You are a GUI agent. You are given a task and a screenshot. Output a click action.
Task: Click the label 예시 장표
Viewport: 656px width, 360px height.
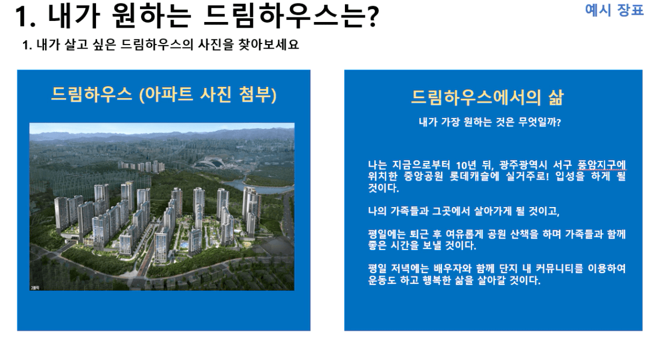pos(614,10)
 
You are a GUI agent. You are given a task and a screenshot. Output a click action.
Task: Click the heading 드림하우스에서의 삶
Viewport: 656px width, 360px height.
pos(487,96)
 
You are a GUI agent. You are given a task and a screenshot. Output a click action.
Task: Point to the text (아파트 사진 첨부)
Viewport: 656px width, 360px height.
pos(208,94)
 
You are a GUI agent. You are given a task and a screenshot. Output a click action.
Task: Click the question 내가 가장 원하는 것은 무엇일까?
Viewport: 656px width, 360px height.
pos(489,122)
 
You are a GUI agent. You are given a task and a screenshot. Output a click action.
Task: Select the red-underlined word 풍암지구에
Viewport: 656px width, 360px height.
pos(602,165)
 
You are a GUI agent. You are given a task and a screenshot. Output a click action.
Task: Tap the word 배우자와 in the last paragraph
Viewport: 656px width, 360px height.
pos(453,269)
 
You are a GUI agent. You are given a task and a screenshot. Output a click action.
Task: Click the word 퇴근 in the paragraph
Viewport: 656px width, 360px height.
pos(421,234)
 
